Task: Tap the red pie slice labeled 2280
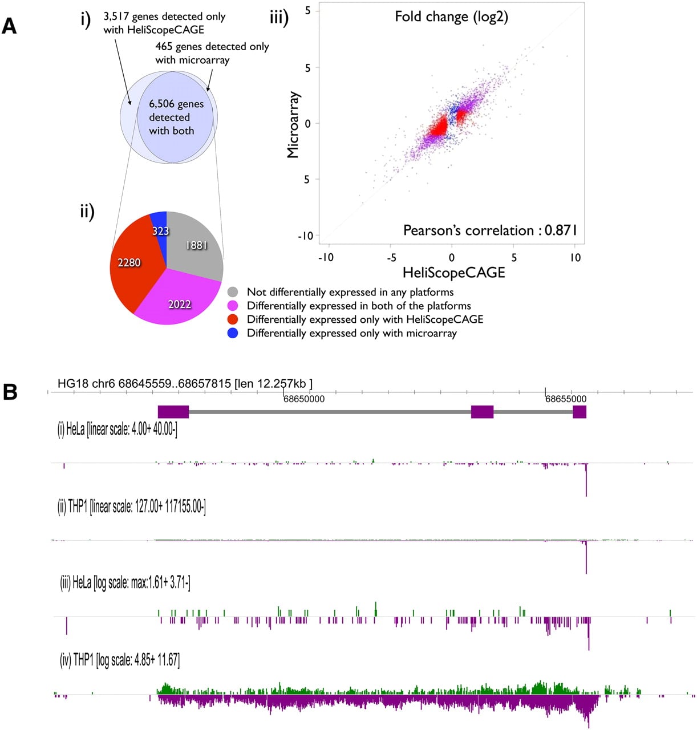[x=131, y=262]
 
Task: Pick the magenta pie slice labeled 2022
[x=178, y=300]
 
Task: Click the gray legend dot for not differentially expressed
[x=233, y=292]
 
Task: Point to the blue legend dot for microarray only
[x=233, y=333]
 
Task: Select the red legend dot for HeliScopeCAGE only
[x=233, y=319]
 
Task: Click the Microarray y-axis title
[x=293, y=124]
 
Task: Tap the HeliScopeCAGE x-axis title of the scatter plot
[x=454, y=273]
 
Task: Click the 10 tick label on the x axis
[x=575, y=258]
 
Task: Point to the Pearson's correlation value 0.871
[x=561, y=230]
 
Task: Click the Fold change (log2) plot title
[x=451, y=17]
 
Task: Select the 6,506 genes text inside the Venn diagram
[x=176, y=104]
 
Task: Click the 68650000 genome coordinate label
[x=304, y=399]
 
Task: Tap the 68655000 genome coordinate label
[x=566, y=399]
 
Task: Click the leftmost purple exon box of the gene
[x=173, y=412]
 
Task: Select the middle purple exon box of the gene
[x=483, y=412]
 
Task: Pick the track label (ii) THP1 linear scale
[x=131, y=507]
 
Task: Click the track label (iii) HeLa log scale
[x=125, y=583]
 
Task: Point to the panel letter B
[x=10, y=392]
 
